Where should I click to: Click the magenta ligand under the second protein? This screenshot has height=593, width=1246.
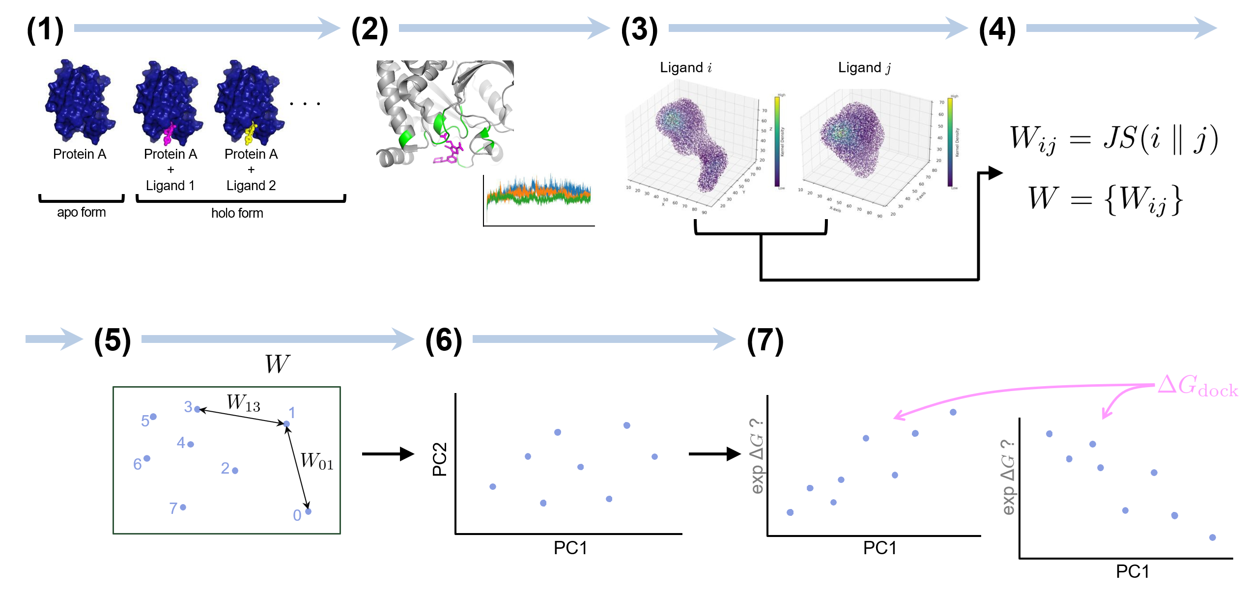169,134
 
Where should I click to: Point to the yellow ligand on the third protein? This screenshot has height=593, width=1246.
251,133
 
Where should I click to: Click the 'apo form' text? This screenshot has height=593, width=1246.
82,212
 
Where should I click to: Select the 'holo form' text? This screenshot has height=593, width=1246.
237,213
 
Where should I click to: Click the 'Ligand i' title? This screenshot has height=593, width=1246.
685,67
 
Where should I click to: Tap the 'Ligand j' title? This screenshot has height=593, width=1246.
864,67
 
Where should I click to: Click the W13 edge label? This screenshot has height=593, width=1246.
243,403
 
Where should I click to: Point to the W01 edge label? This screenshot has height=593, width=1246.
317,461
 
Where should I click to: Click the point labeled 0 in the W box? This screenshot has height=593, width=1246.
308,511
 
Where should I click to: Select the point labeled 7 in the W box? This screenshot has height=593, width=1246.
183,507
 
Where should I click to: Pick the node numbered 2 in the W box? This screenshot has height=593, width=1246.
235,471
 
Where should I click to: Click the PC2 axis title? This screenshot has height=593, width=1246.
440,459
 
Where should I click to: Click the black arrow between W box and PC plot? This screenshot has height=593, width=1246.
388,454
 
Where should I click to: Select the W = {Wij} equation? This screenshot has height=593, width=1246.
1105,199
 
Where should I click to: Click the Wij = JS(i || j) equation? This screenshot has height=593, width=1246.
1113,139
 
